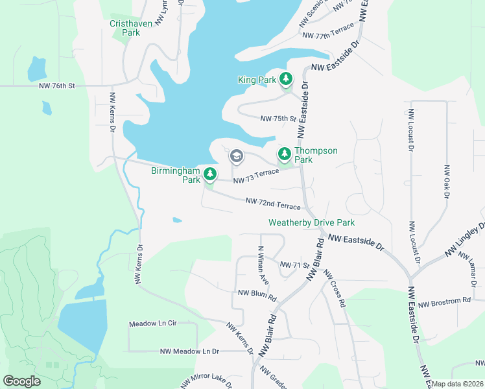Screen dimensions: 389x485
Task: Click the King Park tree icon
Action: coord(285,80)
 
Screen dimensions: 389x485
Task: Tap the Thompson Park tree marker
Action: coord(284,154)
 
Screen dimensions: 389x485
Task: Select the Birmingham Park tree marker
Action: coord(209,174)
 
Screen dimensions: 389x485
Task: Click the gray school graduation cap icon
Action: coord(237,156)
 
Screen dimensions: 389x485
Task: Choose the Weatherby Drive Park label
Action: coord(311,222)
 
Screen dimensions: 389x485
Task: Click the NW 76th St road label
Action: coord(57,86)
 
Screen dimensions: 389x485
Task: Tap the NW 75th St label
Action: coord(278,119)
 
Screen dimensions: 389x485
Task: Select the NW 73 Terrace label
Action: coord(255,176)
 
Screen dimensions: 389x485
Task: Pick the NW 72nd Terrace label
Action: coord(273,204)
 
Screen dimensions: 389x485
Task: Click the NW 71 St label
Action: coord(293,265)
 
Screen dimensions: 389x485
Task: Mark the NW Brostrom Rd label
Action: coord(444,302)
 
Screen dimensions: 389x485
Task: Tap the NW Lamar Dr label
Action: coord(471,267)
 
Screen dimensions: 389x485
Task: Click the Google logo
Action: coord(22,381)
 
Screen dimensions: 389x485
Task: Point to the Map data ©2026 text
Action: coord(457,384)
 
